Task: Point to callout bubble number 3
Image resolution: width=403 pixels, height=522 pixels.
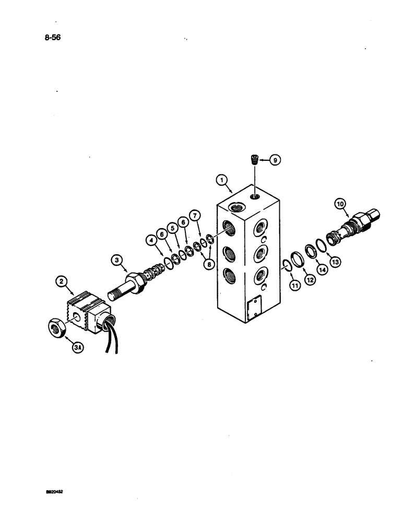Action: tap(116, 259)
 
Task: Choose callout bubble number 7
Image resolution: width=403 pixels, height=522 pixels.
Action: tap(194, 214)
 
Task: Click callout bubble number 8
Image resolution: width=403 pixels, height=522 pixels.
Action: tap(209, 265)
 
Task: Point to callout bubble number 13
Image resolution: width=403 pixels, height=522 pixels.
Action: tap(335, 262)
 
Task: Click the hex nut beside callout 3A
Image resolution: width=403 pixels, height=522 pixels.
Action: tap(56, 328)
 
